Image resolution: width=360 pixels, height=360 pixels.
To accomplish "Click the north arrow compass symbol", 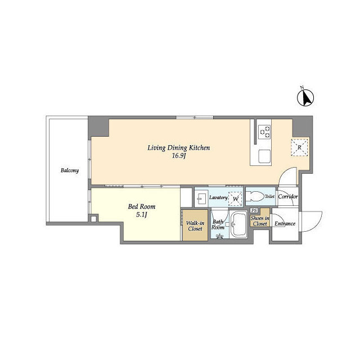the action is coord(305,98).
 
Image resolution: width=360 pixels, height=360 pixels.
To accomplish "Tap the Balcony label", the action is coord(70,170).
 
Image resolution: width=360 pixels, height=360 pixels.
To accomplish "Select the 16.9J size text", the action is coord(179,156).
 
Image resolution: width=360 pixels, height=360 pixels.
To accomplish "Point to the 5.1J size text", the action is coord(142,215).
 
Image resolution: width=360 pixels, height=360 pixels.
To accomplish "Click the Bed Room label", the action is coord(142,206).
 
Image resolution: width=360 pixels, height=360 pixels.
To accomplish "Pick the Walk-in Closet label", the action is coord(195,226).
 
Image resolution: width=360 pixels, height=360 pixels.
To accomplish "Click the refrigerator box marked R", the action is coord(299,147).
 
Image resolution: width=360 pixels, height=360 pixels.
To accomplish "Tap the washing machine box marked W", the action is coord(235,199).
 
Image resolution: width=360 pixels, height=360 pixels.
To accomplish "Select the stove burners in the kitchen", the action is coord(265,132).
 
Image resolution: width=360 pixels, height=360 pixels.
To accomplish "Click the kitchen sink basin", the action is coord(265,156).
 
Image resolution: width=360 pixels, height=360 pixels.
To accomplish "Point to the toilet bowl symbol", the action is coord(256,196).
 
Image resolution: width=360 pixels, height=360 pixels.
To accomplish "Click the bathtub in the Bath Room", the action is coord(238,224).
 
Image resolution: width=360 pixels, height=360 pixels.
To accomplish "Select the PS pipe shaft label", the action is coord(254,210).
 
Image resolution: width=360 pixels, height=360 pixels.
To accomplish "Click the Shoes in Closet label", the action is coord(260,221).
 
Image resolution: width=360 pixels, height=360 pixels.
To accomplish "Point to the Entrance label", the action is coord(285,224).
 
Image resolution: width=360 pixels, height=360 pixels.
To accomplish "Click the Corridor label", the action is coord(288,197).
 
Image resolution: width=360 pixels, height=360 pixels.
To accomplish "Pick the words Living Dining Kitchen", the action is coord(179,147).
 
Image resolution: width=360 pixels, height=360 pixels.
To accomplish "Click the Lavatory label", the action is coord(218,197).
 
